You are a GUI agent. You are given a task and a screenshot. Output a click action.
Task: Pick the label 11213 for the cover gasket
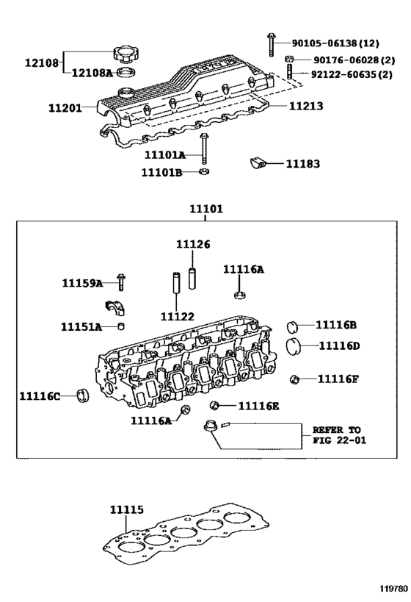pos(305,106)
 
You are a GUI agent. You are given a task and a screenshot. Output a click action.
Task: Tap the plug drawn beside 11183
pos(258,163)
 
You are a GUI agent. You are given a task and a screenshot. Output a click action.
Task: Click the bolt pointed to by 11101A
pos(203,151)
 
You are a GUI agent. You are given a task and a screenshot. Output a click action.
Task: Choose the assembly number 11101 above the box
pos(206,209)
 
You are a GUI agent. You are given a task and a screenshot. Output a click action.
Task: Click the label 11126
pos(193,244)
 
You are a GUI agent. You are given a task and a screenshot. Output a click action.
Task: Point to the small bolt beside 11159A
pos(120,282)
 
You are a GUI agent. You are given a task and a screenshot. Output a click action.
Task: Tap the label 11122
pos(178,316)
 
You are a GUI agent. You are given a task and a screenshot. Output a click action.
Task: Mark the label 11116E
pos(258,406)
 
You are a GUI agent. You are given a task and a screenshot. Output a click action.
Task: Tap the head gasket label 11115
pos(127,509)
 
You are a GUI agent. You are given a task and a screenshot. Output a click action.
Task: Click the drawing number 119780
pos(393,589)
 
